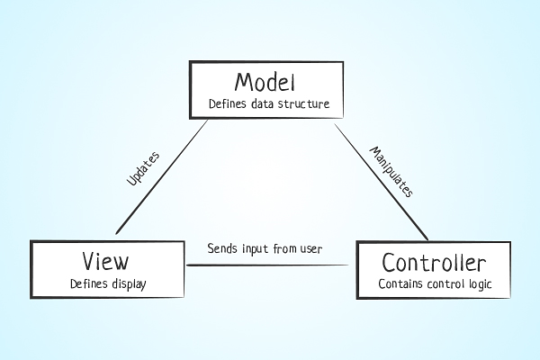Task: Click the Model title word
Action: pos(265,82)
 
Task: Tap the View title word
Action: pos(105,261)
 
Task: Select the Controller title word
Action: pos(434,262)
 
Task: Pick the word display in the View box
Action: pos(129,284)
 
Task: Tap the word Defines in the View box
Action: pos(89,283)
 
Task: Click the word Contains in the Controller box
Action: pos(400,283)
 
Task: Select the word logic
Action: pos(481,284)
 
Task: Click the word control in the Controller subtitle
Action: pos(445,283)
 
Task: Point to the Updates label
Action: pos(143,168)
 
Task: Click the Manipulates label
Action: pos(391,172)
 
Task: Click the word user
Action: pos(311,249)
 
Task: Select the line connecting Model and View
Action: pos(162,176)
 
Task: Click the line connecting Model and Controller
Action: pos(382,182)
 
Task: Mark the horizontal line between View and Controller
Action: pos(267,265)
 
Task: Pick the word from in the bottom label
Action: pos(284,248)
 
